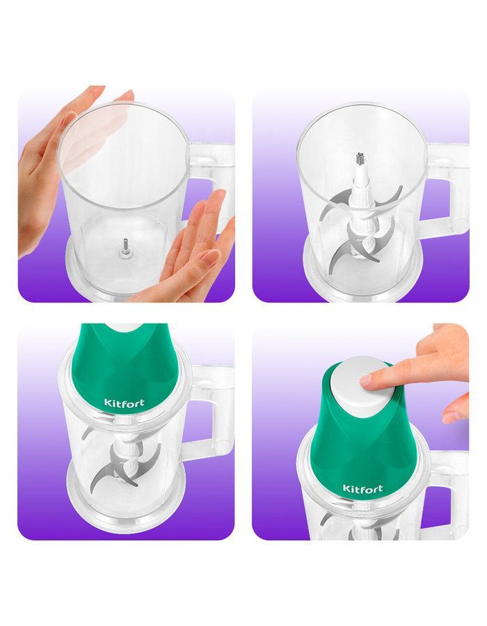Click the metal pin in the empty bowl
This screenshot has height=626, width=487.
pos(125,248)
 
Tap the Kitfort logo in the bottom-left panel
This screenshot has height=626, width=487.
pos(124,402)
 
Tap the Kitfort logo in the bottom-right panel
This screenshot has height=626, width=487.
pos(362,489)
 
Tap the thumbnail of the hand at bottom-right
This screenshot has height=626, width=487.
pos(451,417)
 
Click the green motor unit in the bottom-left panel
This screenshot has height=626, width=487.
pos(124,367)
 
